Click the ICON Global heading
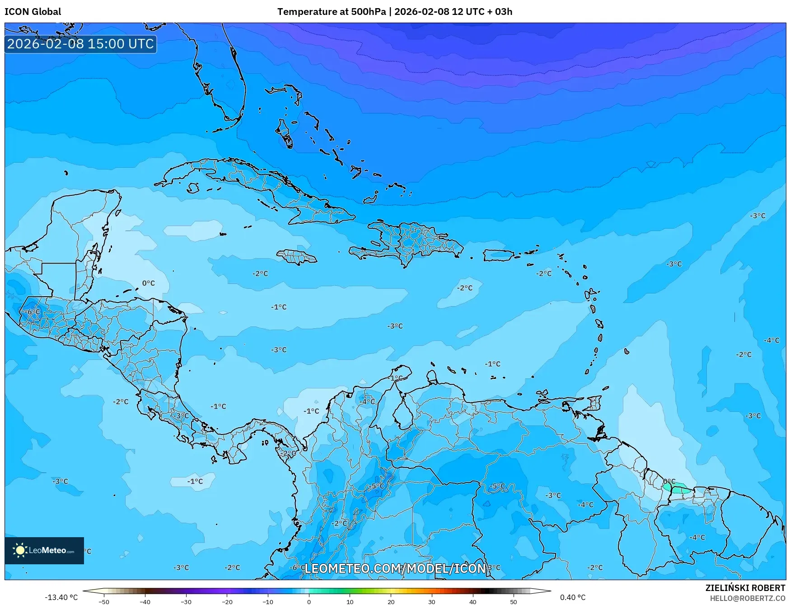tap(33, 12)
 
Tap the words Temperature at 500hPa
tap(332, 12)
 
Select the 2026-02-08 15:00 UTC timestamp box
tap(80, 44)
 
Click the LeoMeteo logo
tap(44, 550)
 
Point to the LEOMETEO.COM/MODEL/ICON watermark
tap(395, 568)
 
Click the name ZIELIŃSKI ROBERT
tap(745, 588)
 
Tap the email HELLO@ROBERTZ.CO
tap(747, 598)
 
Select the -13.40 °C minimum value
tap(61, 597)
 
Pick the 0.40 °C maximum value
tap(573, 597)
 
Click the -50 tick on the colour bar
tap(104, 601)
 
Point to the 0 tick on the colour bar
tap(309, 601)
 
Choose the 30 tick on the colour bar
tap(432, 601)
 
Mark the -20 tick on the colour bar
tap(227, 601)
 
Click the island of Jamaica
tap(297, 257)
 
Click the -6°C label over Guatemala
tap(32, 312)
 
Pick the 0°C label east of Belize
tap(149, 283)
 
